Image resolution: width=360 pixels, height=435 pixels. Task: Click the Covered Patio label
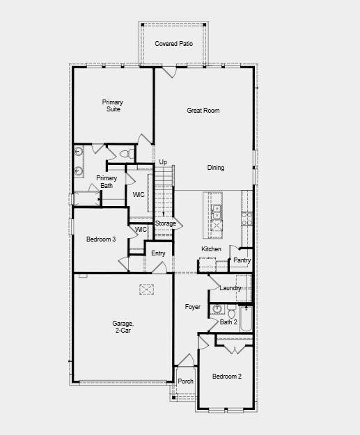click(x=173, y=44)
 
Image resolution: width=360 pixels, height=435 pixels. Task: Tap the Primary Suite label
click(x=113, y=106)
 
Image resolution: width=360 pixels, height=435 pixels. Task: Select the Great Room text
click(x=203, y=111)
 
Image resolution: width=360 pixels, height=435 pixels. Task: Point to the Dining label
click(x=216, y=168)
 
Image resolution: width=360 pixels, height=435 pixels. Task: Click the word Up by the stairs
click(x=163, y=162)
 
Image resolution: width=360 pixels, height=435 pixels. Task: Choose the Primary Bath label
click(x=107, y=182)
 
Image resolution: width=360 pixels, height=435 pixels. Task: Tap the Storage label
click(x=165, y=223)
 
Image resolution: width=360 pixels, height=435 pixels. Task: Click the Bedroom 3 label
click(x=100, y=239)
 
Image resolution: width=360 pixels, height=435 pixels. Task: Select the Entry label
click(x=158, y=253)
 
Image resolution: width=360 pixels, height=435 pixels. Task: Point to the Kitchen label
click(x=211, y=249)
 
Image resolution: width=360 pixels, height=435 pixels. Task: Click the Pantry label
click(x=242, y=260)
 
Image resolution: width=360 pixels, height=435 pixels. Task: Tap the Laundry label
click(x=230, y=288)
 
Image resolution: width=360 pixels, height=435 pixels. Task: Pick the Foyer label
click(x=192, y=307)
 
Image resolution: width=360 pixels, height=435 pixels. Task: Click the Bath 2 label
click(x=229, y=322)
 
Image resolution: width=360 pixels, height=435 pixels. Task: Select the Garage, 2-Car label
click(x=123, y=328)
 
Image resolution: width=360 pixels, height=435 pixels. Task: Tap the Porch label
click(x=185, y=381)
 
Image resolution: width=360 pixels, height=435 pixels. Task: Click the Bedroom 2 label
click(x=227, y=377)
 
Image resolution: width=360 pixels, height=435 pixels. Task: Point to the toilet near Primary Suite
click(x=125, y=153)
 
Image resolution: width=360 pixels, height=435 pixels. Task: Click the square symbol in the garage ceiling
click(x=146, y=290)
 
